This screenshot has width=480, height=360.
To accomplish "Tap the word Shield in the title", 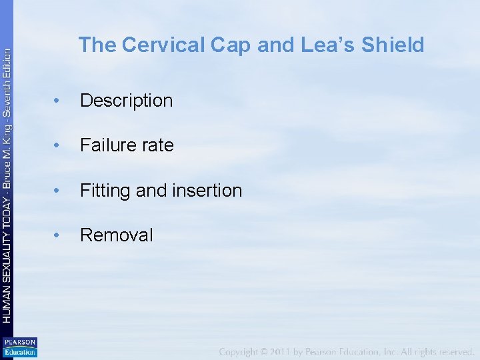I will click(393, 45).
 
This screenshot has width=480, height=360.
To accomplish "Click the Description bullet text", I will click(126, 101).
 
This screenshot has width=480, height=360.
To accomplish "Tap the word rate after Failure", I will click(157, 145).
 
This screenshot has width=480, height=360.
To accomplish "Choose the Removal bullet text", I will click(117, 235).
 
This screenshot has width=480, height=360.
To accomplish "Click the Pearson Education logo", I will click(19, 347).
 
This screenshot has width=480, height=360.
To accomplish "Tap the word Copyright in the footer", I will click(244, 351).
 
